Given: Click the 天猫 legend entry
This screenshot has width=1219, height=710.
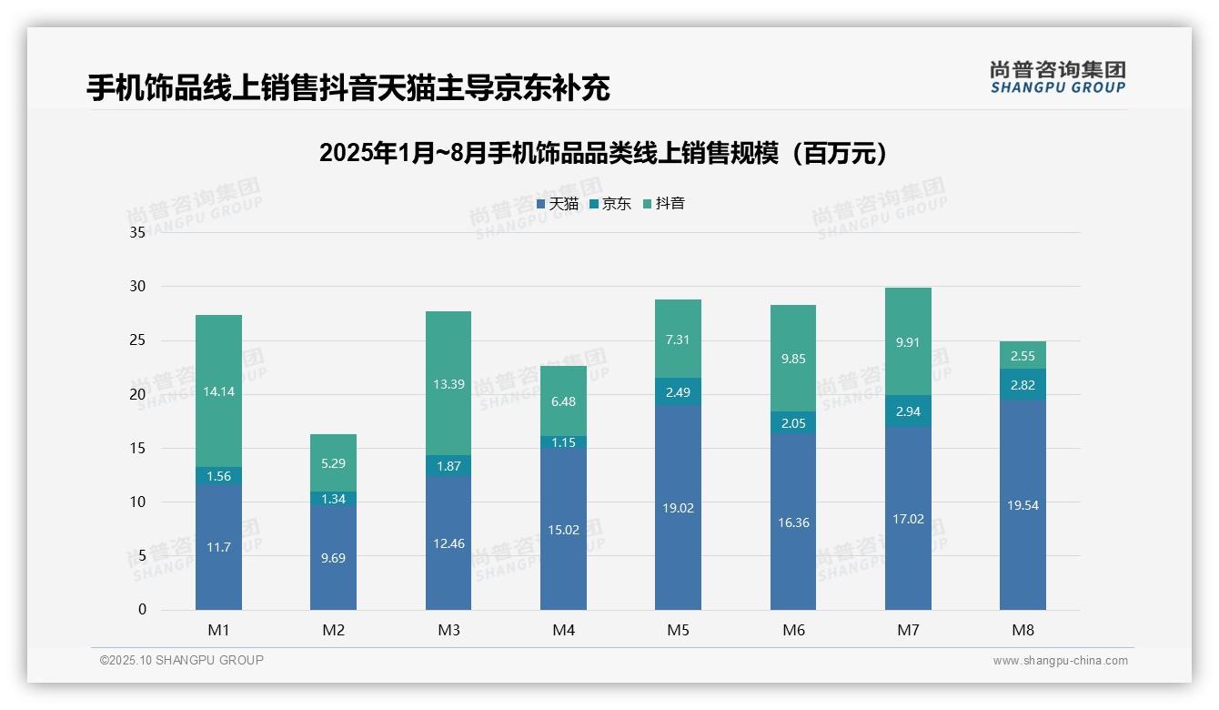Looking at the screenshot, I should pos(557,204).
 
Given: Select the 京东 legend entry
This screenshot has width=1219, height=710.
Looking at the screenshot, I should pos(609,204).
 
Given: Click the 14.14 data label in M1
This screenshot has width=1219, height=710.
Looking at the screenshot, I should pos(218,391).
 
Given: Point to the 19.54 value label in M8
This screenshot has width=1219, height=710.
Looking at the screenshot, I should pos(1023,505).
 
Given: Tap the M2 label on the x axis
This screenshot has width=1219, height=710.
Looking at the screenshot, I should pos(333,630).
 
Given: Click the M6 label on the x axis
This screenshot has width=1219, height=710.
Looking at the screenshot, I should pos(793,630).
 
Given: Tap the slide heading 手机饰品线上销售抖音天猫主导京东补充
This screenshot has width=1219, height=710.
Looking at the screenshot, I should pos(348,88).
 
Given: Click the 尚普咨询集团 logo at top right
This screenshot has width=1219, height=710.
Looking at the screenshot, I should pos(1057,76).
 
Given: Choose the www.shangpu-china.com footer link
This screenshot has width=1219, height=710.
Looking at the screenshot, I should pos(1060,661).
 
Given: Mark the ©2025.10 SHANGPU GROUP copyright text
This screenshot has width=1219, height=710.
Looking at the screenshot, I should pos(182,661).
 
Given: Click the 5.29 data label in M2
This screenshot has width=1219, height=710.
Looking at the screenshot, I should pos(333,463).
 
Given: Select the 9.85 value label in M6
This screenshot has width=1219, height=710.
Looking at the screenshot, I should pos(793,359).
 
